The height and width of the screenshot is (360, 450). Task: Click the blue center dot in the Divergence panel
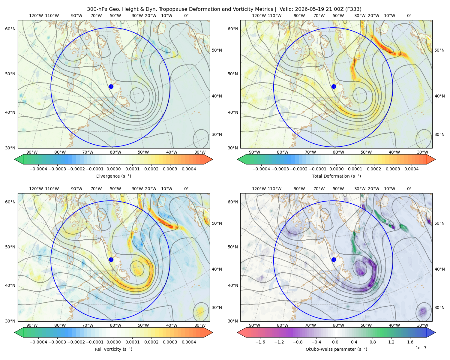(x=111, y=86)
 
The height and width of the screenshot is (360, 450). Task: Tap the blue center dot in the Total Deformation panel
(x=334, y=86)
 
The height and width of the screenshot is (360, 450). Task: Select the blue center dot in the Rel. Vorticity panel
(x=111, y=259)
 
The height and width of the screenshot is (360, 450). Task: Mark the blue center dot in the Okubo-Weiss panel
(x=334, y=259)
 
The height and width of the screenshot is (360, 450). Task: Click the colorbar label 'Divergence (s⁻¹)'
(x=113, y=176)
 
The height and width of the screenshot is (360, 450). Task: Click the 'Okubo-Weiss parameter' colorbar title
(x=328, y=349)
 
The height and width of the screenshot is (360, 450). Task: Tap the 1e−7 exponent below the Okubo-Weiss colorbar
(x=421, y=348)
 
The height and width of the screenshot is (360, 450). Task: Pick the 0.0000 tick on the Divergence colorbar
(x=113, y=169)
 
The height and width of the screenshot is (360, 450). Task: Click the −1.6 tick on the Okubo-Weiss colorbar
(x=260, y=342)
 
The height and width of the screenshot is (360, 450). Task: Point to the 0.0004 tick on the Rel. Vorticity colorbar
(x=189, y=342)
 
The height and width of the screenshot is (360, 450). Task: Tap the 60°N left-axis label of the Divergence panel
(x=10, y=29)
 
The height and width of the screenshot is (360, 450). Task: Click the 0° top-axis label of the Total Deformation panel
(x=409, y=16)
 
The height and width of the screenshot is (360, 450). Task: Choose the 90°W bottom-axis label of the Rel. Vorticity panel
(x=32, y=325)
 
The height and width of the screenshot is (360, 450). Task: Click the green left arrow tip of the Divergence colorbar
(x=15, y=159)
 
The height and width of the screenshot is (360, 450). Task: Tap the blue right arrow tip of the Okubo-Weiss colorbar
(x=435, y=332)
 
